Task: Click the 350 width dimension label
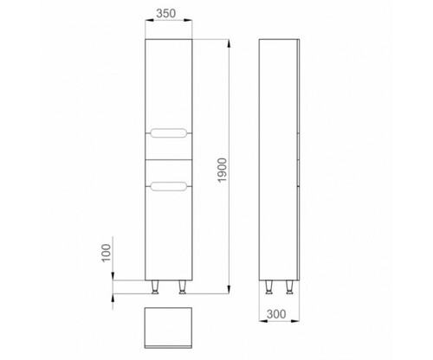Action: pyautogui.click(x=165, y=13)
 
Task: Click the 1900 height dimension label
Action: pyautogui.click(x=223, y=170)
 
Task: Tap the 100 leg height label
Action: pyautogui.click(x=107, y=253)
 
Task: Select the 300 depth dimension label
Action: pyautogui.click(x=276, y=314)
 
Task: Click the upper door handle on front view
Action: pyautogui.click(x=169, y=133)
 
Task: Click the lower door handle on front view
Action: pyautogui.click(x=169, y=186)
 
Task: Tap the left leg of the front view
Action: pyautogui.click(x=155, y=287)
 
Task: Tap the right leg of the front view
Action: pyautogui.click(x=182, y=287)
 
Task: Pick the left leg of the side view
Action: pyautogui.click(x=268, y=287)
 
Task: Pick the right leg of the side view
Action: pyautogui.click(x=289, y=287)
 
